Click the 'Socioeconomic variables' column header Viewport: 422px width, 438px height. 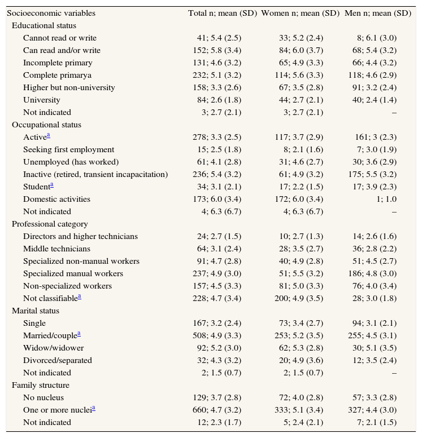(51, 13)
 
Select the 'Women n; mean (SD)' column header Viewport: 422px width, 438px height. (300, 13)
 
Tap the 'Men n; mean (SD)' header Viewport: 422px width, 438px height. (377, 13)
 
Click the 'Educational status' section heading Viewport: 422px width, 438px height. (44, 25)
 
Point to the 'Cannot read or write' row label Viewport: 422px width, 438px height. (60, 38)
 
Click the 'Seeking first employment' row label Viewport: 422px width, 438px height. (69, 149)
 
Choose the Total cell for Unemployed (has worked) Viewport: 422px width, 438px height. (221, 162)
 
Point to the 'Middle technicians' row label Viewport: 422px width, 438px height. (56, 249)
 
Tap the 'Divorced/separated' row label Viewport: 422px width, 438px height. (58, 360)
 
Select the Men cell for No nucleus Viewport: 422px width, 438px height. (376, 397)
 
